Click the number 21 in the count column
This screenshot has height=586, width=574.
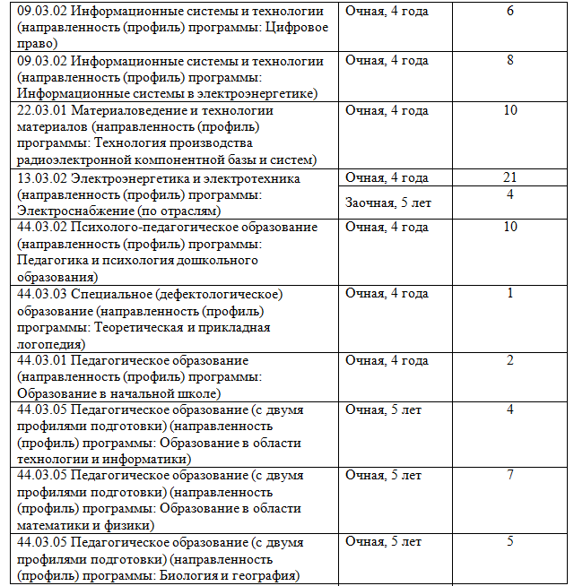[509, 177]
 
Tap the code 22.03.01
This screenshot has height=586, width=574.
[42, 110]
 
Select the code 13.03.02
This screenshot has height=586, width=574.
[42, 178]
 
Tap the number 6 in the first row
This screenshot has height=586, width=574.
[509, 11]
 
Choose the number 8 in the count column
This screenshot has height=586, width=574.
[509, 60]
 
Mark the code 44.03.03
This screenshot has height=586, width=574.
[42, 294]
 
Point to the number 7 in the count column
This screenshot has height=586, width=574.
[509, 474]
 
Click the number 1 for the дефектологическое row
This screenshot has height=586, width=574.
[509, 293]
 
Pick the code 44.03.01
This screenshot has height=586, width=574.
[42, 360]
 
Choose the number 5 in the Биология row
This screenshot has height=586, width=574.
[509, 541]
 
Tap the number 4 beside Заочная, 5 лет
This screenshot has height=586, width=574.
[509, 194]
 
